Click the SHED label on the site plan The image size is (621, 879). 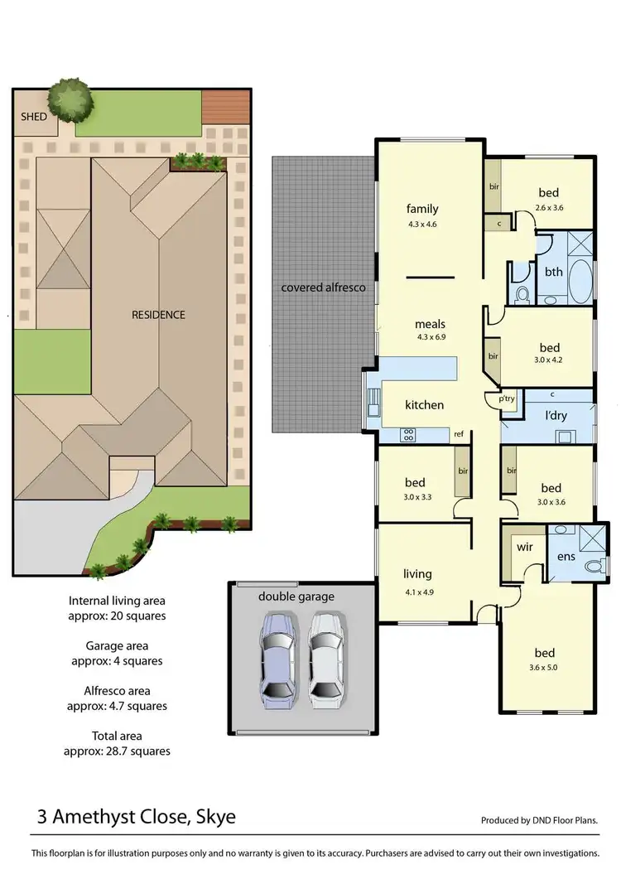pos(34,117)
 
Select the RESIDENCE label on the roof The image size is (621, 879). pos(159,315)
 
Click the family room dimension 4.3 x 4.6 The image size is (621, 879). pos(422,224)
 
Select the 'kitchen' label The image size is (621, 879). pos(424,405)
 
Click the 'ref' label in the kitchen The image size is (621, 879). pos(458,434)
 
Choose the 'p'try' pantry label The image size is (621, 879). pos(506,398)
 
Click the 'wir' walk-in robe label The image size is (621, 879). pos(524,548)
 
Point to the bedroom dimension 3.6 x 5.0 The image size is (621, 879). pos(544,667)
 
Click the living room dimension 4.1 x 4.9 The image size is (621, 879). pos(417,590)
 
